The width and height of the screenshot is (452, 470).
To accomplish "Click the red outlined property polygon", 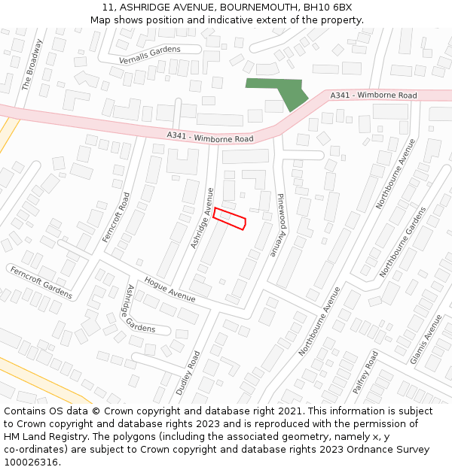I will point(230,218).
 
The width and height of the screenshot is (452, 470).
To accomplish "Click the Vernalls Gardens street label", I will point(150,54).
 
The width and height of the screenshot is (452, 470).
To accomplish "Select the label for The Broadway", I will point(32,65).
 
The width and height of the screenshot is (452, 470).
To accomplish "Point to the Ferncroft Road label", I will point(117,217).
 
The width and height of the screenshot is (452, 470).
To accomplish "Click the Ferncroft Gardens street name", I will point(41,282).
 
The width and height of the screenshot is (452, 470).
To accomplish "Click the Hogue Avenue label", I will point(169,290).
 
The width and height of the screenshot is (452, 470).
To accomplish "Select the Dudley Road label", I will point(188,373).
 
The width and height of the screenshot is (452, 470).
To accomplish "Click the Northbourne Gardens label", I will point(403,241).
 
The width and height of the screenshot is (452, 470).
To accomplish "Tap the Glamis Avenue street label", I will point(426,339).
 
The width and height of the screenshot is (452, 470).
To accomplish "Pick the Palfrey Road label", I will point(366,372).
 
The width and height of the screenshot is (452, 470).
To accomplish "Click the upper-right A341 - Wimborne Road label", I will point(374,96).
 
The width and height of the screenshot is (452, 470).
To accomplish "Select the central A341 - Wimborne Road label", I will point(210,137).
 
